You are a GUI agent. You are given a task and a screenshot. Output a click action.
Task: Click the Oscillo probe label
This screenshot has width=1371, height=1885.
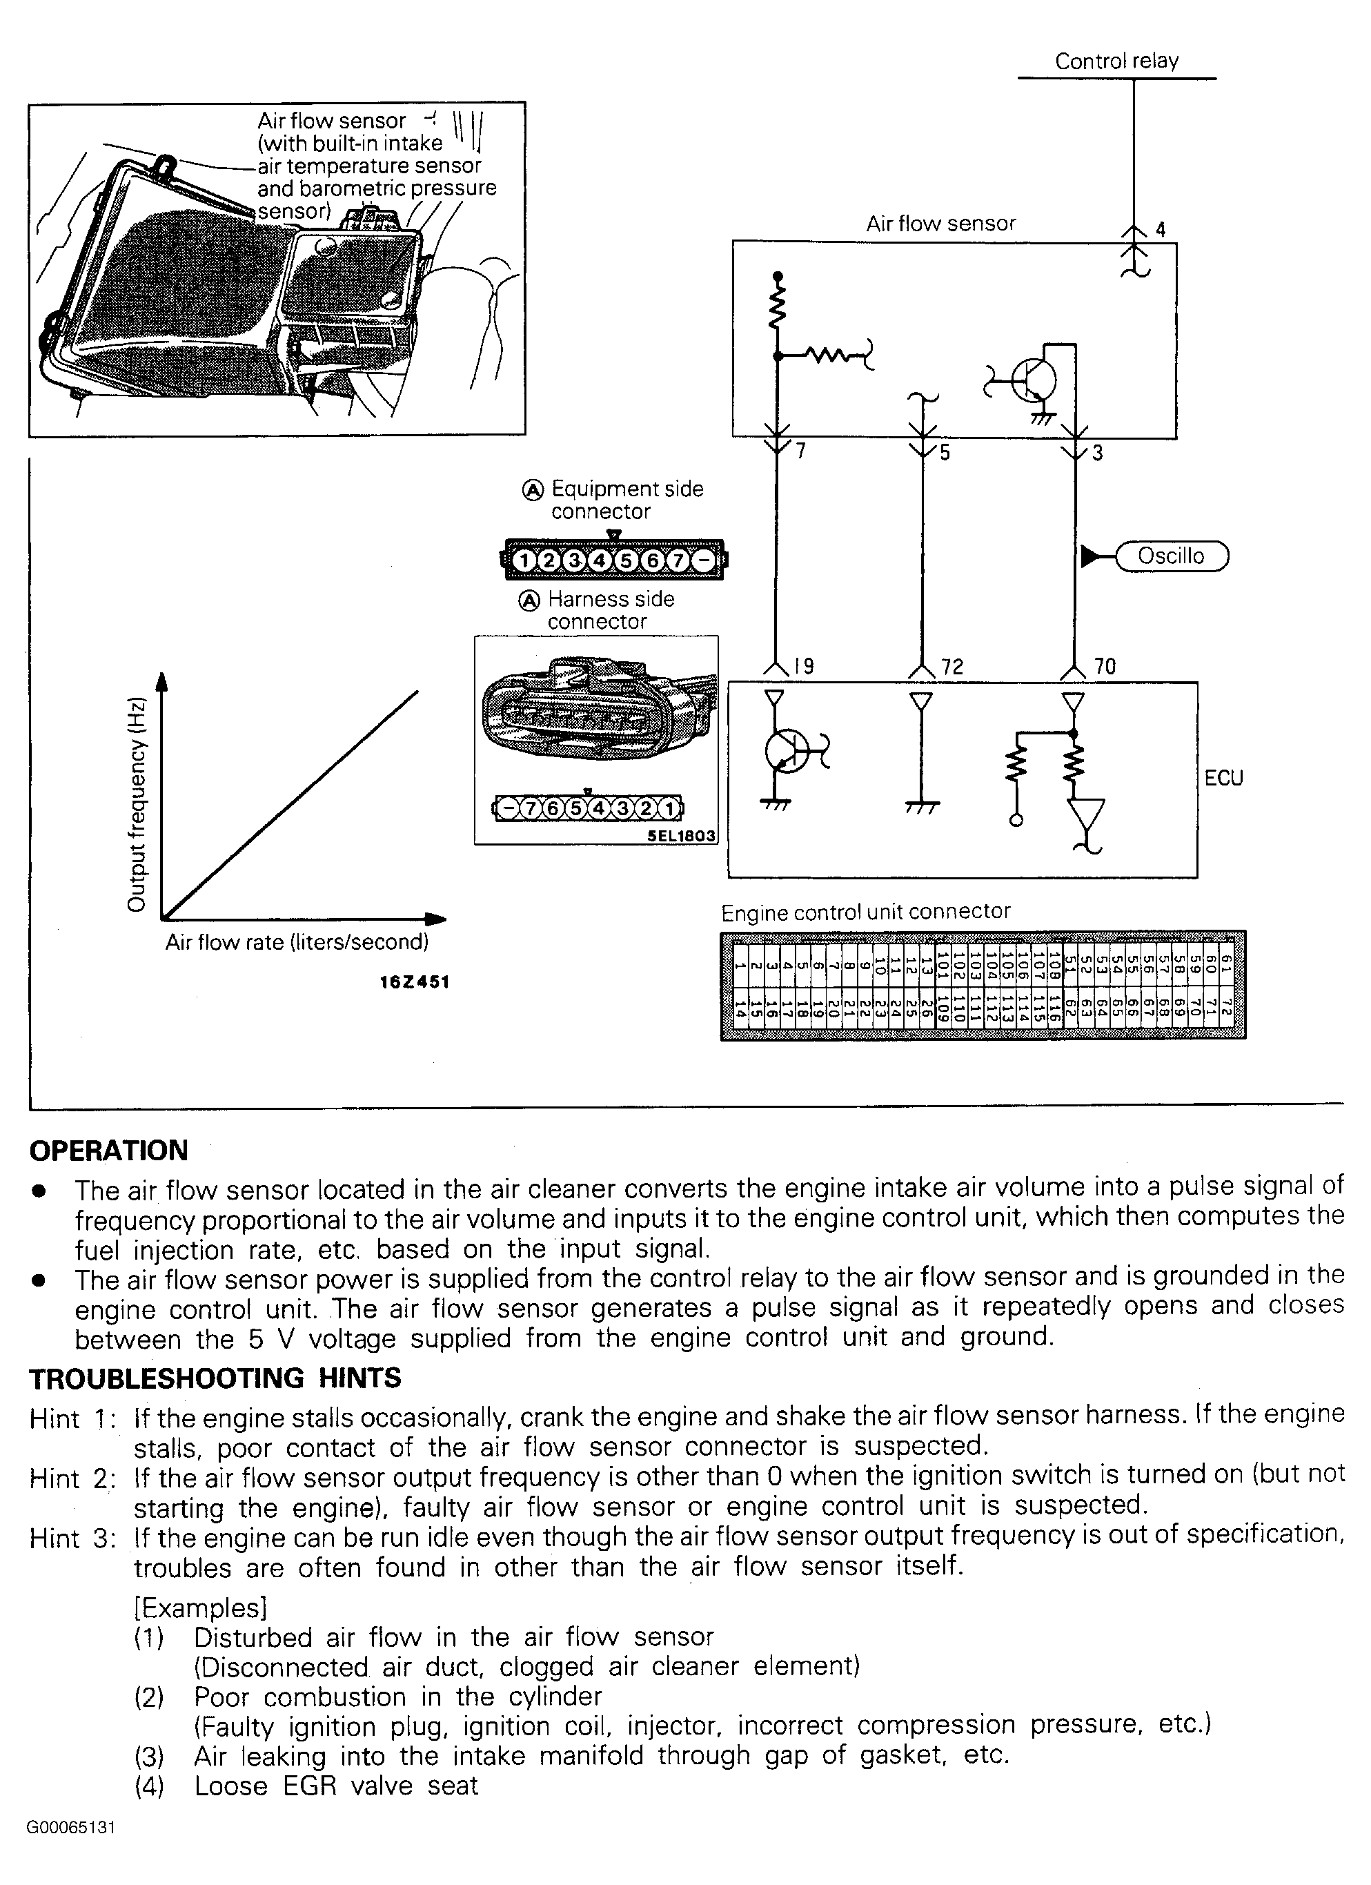pyautogui.click(x=1171, y=556)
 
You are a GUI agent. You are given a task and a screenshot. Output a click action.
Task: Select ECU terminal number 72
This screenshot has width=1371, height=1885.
pyautogui.click(x=952, y=667)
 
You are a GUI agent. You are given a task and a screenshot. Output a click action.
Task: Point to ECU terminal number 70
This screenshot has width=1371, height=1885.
pyautogui.click(x=1105, y=666)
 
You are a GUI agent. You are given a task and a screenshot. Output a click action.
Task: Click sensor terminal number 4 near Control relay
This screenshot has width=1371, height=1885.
pyautogui.click(x=1160, y=229)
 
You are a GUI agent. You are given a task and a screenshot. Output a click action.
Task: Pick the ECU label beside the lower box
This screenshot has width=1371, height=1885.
pyautogui.click(x=1223, y=778)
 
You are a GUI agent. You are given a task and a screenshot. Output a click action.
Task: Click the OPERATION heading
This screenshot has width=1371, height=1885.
pyautogui.click(x=109, y=1151)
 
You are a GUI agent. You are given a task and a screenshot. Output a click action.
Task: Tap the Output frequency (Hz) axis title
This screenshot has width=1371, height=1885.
pyautogui.click(x=137, y=803)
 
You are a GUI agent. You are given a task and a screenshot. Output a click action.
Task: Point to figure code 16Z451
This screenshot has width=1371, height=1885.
pyautogui.click(x=414, y=981)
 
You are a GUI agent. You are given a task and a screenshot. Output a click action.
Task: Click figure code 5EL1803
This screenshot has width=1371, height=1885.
pyautogui.click(x=681, y=835)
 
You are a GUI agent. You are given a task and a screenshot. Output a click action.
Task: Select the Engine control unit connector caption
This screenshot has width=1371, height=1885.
pyautogui.click(x=865, y=912)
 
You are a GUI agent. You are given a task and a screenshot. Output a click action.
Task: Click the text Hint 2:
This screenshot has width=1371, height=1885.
pyautogui.click(x=72, y=1478)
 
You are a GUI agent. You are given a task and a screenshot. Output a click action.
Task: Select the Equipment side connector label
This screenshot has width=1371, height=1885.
pyautogui.click(x=627, y=500)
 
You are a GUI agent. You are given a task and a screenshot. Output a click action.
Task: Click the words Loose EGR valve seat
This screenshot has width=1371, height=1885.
pyautogui.click(x=336, y=1786)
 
